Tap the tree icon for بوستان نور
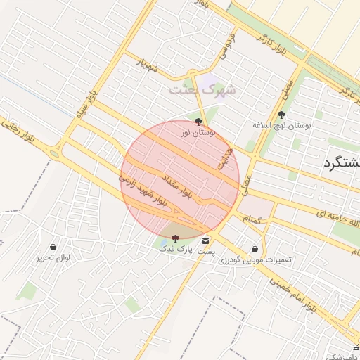click(198, 121)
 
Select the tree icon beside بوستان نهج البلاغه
click(282, 114)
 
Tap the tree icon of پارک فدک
click(175, 240)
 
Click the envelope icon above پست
click(205, 241)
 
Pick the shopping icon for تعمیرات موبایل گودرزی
click(255, 249)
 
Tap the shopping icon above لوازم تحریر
click(53, 247)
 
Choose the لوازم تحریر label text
click(54, 257)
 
